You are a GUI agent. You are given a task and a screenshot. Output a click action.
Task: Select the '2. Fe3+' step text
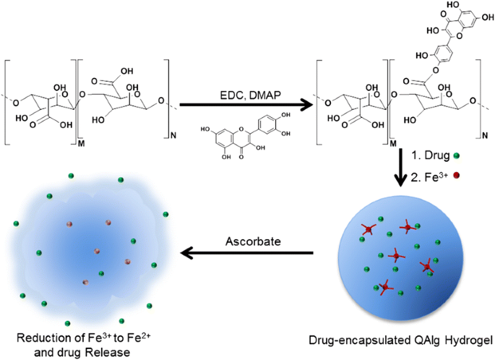pyautogui.click(x=432, y=174)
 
